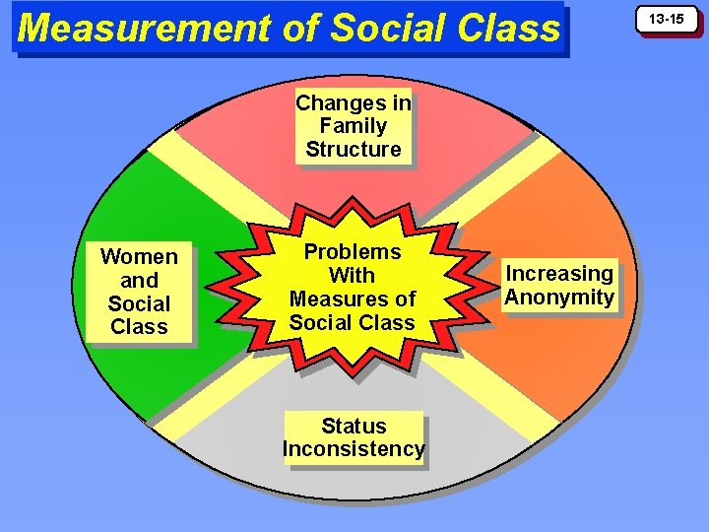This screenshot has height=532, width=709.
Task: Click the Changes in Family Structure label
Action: (354, 126)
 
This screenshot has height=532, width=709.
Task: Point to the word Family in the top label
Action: (354, 126)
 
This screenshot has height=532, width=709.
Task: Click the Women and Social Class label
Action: (139, 292)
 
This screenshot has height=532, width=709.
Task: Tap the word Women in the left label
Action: (139, 257)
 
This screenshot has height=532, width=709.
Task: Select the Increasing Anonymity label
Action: (559, 286)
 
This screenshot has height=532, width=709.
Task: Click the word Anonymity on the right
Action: (559, 298)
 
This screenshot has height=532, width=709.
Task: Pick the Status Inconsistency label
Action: (354, 438)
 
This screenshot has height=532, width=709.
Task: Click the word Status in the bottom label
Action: (354, 427)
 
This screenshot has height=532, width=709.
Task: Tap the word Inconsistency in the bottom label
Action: (354, 450)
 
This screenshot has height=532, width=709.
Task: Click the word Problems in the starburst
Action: (352, 252)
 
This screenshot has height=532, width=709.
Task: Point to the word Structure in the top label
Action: (354, 150)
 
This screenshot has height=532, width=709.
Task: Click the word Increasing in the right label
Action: (559, 274)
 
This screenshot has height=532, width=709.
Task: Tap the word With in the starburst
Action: (352, 276)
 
